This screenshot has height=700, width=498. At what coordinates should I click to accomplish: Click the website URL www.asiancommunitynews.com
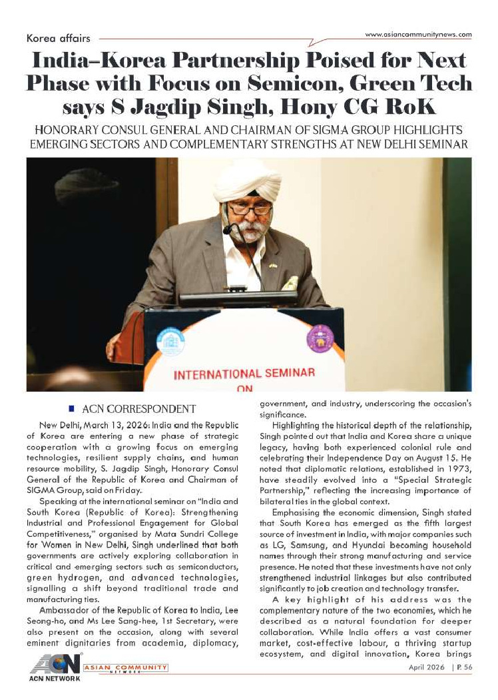[x=419, y=34]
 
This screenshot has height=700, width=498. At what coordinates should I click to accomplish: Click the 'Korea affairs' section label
[x=58, y=39]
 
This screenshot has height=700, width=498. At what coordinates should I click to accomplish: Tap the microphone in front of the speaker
[x=230, y=229]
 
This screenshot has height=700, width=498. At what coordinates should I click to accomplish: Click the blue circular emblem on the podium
[x=170, y=342]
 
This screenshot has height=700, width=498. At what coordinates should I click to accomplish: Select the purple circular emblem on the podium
[x=320, y=339]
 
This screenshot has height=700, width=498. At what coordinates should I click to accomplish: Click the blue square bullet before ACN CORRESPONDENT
[x=71, y=407]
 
